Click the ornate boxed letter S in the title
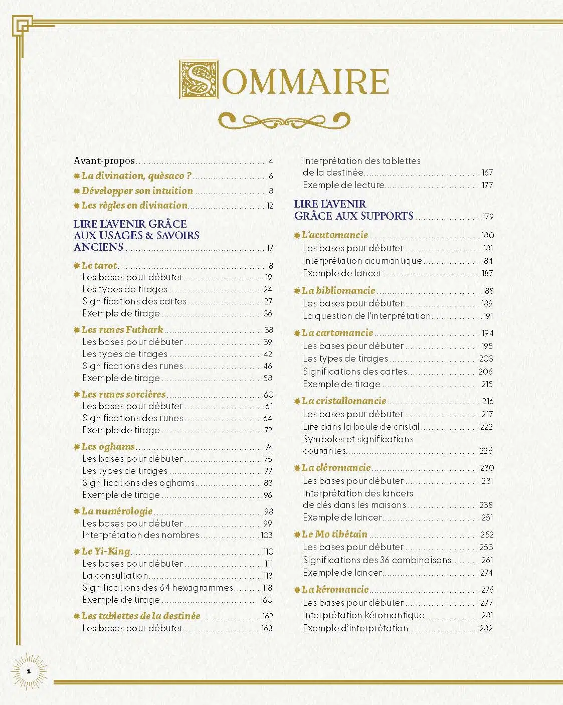(199, 80)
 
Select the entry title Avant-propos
(104, 161)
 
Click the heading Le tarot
(99, 266)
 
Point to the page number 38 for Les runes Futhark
(269, 330)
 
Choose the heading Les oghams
(108, 447)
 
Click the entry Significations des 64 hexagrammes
(158, 588)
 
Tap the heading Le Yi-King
(105, 552)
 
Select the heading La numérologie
(117, 511)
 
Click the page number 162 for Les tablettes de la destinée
(267, 616)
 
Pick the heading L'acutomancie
(334, 235)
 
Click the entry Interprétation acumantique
(362, 261)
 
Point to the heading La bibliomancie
(338, 291)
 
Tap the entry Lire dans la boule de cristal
(361, 427)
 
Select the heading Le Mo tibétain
(334, 535)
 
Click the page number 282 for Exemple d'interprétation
(486, 628)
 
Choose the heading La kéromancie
(335, 590)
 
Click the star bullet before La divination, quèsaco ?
(77, 176)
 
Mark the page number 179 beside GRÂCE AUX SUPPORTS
(488, 217)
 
